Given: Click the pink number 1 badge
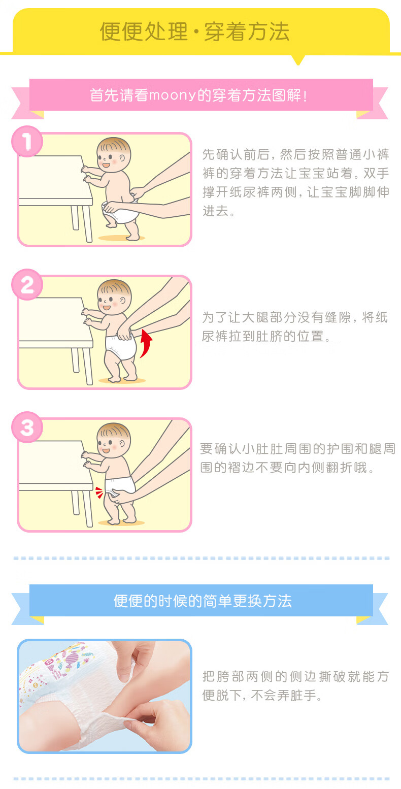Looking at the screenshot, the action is point(27,141).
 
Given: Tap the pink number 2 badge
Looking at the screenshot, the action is point(27,284).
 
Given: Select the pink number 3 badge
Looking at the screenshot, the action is point(27,428).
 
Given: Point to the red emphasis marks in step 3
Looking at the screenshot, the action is point(99,492).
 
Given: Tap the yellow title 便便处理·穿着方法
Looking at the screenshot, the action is point(195,31).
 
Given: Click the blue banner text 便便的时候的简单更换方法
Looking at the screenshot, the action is point(203,601).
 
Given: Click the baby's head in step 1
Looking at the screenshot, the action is point(114,155).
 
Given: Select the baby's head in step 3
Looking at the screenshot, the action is point(114,440).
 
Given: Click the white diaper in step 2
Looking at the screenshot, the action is point(121,347).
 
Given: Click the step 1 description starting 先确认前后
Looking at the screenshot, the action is point(296,182).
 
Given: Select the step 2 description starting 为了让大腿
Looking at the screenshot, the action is point(295,327).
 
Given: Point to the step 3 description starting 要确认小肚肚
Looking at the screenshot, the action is point(297,458).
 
